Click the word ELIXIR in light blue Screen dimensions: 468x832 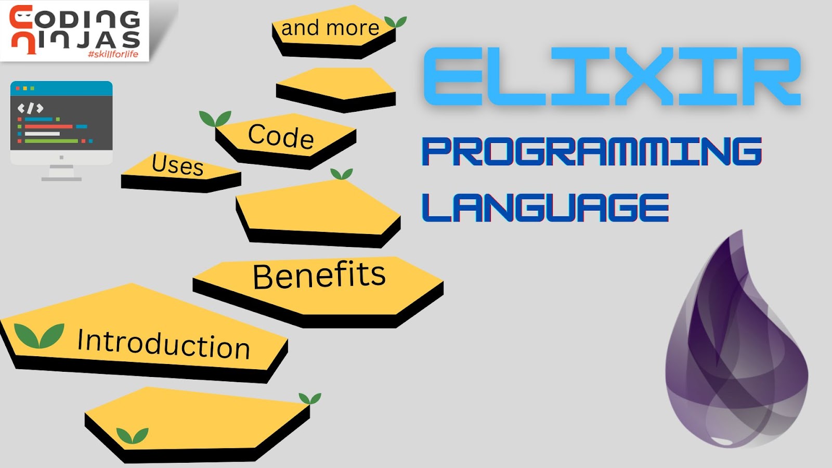coord(612,77)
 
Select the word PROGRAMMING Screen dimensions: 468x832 coord(592,151)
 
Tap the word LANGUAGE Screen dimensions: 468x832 coord(545,207)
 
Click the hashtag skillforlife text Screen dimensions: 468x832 coord(113,54)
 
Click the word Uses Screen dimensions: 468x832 coord(178,165)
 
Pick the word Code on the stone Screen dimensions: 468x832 coord(281,136)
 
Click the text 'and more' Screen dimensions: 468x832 coord(330,28)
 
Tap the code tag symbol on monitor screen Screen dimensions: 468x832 coord(30,108)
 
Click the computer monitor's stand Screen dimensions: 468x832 coord(61,173)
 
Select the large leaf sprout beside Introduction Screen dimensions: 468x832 coord(39,335)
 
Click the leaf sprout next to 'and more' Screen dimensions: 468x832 coord(395,22)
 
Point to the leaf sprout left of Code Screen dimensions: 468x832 coord(215,119)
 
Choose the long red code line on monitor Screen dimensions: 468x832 coord(48,126)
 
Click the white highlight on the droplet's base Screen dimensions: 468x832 coord(722,441)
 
